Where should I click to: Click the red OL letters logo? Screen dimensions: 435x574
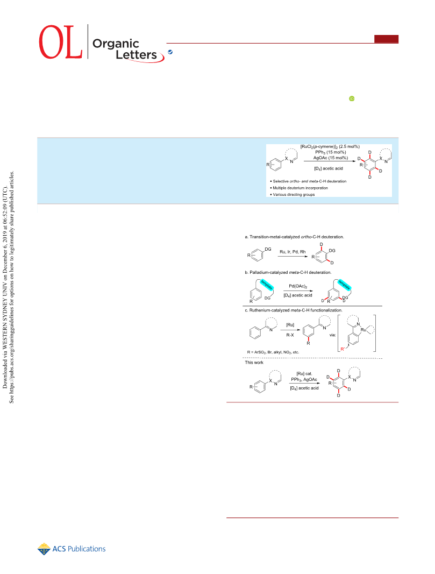tap(60, 42)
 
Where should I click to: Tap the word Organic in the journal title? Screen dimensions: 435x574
tap(116, 44)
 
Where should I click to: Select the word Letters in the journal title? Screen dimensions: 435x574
tap(137, 55)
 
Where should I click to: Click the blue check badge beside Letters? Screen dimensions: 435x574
tap(170, 52)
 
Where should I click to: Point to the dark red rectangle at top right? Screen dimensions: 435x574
tap(386, 39)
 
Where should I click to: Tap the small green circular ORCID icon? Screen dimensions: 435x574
tap(352, 98)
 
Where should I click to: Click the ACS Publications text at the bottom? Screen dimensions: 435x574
tap(79, 549)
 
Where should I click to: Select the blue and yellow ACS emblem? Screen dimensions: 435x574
tap(44, 549)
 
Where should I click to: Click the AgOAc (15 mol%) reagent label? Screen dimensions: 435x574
tap(330, 158)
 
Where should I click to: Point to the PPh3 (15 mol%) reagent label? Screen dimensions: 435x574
tap(330, 152)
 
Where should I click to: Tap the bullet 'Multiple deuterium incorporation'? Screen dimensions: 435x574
tap(300, 188)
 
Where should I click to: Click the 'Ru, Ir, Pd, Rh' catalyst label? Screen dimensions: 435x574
tap(293, 252)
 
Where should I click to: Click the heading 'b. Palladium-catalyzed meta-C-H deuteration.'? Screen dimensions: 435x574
tap(288, 272)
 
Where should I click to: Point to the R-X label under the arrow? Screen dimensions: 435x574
tap(290, 335)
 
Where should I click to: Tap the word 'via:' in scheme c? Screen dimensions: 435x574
tap(332, 335)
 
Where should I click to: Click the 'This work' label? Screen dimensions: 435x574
tap(254, 363)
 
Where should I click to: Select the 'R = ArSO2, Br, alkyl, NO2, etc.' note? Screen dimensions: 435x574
tap(273, 352)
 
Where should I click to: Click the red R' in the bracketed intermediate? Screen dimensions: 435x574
tap(343, 349)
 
